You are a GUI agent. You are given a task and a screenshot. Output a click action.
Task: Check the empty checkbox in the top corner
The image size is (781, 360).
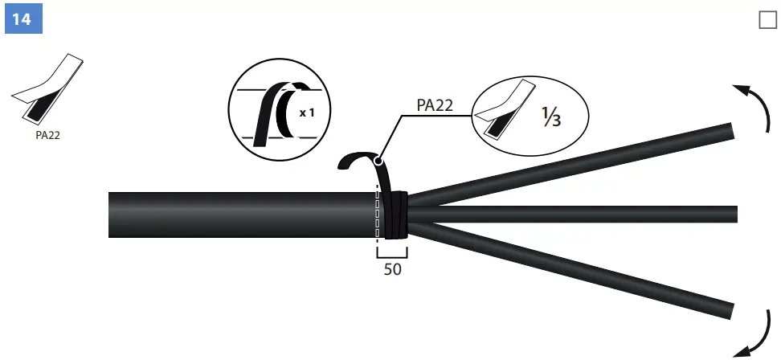click(x=767, y=20)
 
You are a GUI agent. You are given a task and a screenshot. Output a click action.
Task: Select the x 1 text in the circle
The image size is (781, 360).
click(x=307, y=113)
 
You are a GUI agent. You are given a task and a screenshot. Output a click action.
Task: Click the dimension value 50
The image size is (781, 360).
click(x=392, y=270)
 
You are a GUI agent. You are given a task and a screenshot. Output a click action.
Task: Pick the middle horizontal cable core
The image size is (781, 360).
click(x=579, y=214)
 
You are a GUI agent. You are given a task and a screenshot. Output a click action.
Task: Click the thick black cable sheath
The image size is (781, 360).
click(x=241, y=215)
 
